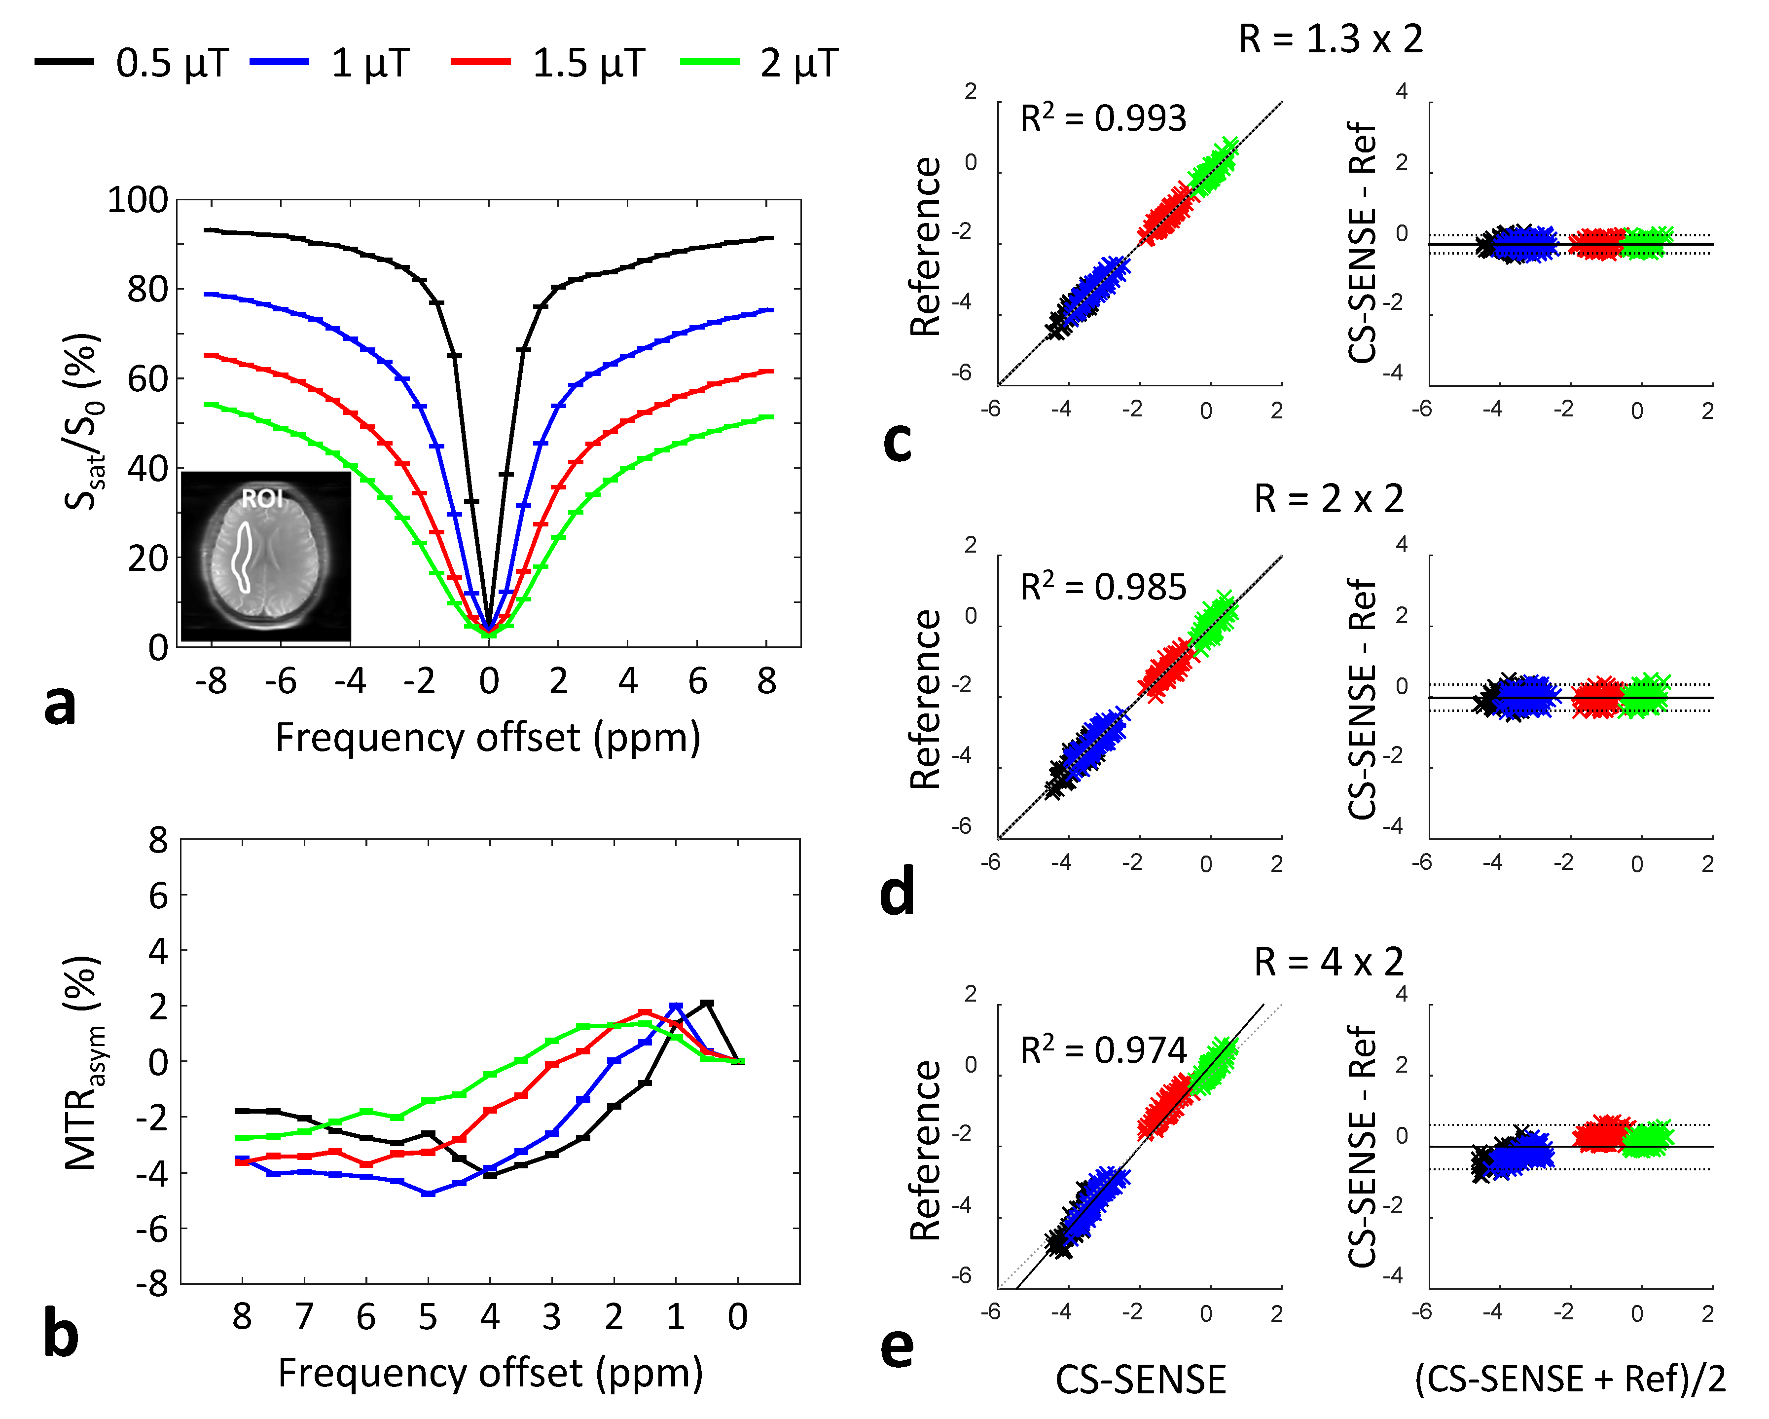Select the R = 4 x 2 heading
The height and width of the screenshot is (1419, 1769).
tap(1329, 961)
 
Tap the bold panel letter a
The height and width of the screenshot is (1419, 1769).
tap(59, 704)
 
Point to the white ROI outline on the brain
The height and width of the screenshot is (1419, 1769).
tap(242, 558)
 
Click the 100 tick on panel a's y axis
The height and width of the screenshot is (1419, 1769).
tap(137, 200)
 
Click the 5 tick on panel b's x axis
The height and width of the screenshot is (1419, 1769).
tap(428, 1316)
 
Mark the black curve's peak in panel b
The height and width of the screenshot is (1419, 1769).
tap(706, 1004)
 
